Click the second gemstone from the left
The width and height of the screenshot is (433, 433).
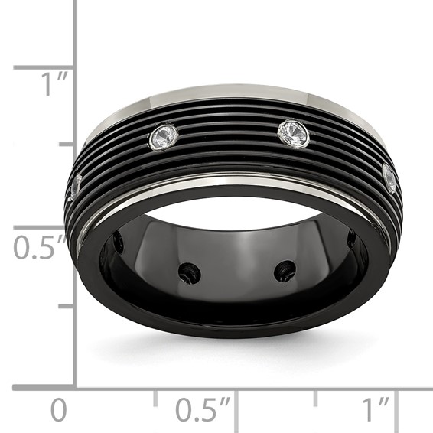point(164,138)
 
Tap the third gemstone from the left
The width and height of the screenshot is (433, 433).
point(293,134)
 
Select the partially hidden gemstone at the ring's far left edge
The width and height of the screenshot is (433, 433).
point(75,186)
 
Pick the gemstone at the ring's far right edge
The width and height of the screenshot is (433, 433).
point(390,179)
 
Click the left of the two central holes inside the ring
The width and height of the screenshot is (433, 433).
point(189,272)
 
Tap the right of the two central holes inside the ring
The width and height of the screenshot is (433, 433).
point(285,270)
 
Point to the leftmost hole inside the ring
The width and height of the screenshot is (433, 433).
point(119,243)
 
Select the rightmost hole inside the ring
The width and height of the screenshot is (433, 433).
point(352,239)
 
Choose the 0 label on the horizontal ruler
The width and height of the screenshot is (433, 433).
point(58,411)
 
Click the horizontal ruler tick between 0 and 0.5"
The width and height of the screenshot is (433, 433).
point(155,397)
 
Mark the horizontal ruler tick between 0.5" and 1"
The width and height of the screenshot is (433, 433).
point(315,397)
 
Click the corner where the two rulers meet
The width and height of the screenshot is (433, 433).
point(76,389)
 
